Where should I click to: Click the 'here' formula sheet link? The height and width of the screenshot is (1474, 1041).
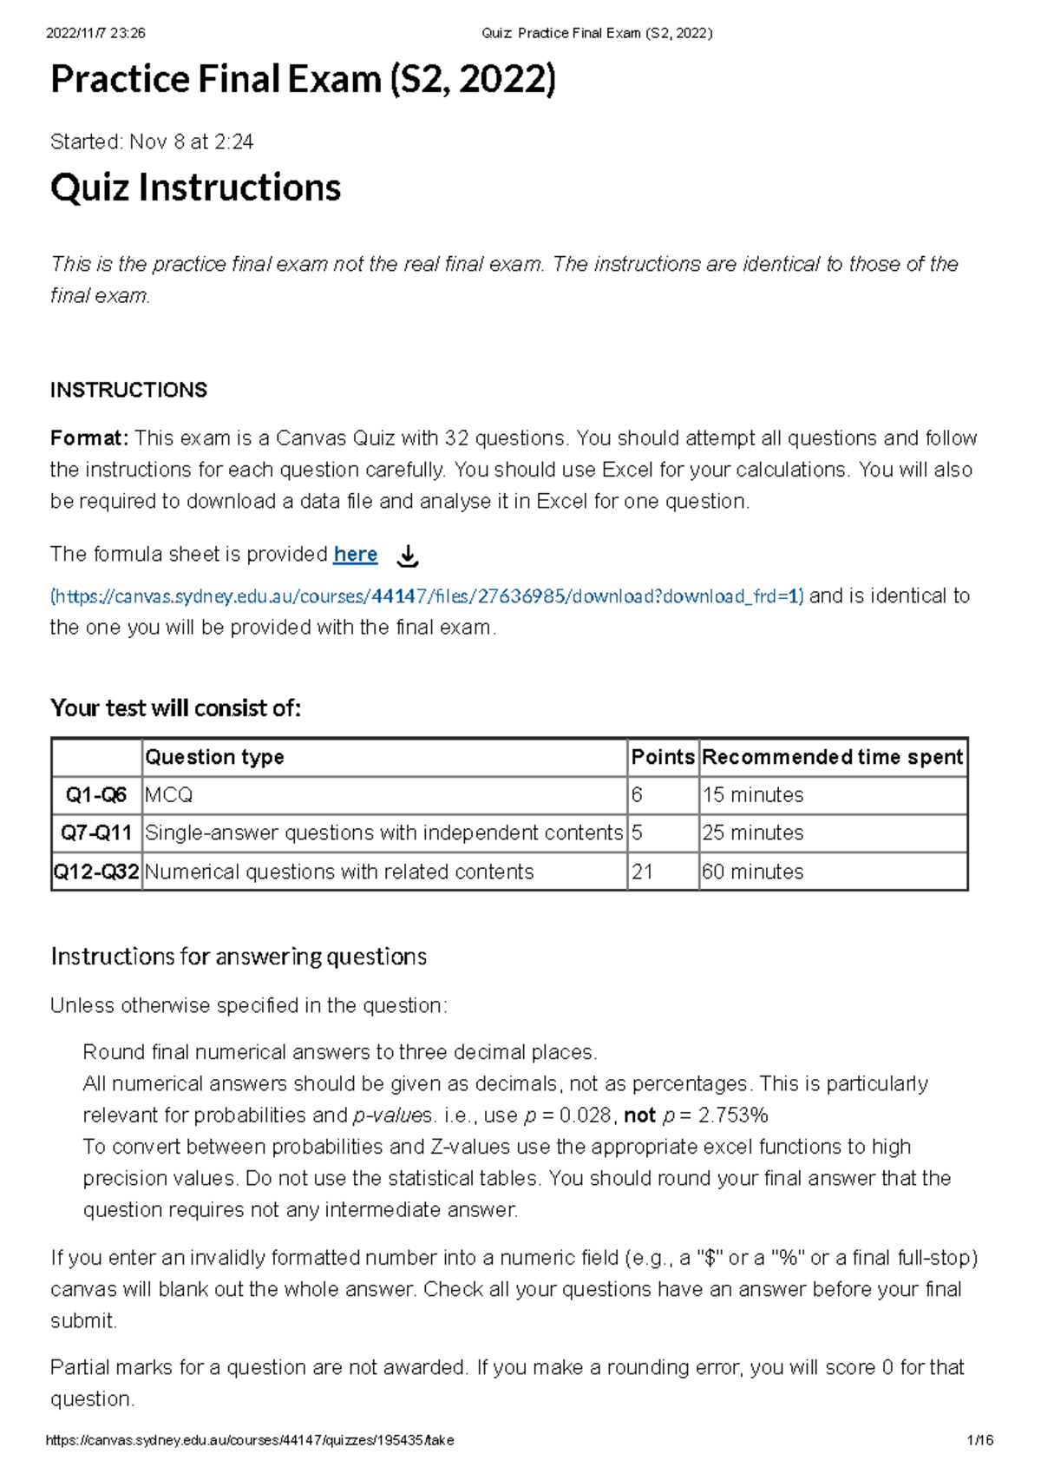tap(355, 555)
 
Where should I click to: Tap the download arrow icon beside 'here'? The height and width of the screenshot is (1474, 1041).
tap(407, 556)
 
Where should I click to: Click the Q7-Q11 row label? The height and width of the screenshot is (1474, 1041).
tap(95, 833)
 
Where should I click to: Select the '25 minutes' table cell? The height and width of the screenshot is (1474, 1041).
tap(752, 833)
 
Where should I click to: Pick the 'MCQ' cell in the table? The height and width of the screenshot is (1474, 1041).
tap(169, 795)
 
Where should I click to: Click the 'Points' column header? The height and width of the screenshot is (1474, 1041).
tap(662, 757)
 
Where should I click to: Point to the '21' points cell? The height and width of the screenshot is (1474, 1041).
tap(643, 872)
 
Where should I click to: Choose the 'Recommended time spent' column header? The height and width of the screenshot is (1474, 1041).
tap(832, 757)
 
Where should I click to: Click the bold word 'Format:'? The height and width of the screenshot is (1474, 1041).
tap(89, 438)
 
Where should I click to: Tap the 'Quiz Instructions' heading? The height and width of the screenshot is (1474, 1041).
tap(196, 188)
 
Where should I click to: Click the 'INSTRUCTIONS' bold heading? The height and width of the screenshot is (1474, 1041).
tap(128, 391)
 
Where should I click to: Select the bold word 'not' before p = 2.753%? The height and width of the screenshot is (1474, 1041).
tap(639, 1115)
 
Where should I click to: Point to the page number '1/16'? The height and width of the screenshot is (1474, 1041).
tap(979, 1440)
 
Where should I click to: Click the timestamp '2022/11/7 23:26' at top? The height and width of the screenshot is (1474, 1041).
tap(95, 34)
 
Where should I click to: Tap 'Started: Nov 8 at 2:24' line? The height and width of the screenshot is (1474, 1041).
tap(152, 142)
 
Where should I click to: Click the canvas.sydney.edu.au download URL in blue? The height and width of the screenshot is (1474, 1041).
tap(427, 596)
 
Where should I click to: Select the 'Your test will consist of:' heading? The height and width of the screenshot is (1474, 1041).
tap(175, 708)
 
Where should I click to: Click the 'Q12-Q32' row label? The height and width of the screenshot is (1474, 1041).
tap(96, 872)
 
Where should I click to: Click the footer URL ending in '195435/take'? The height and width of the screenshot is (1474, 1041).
tap(250, 1440)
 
